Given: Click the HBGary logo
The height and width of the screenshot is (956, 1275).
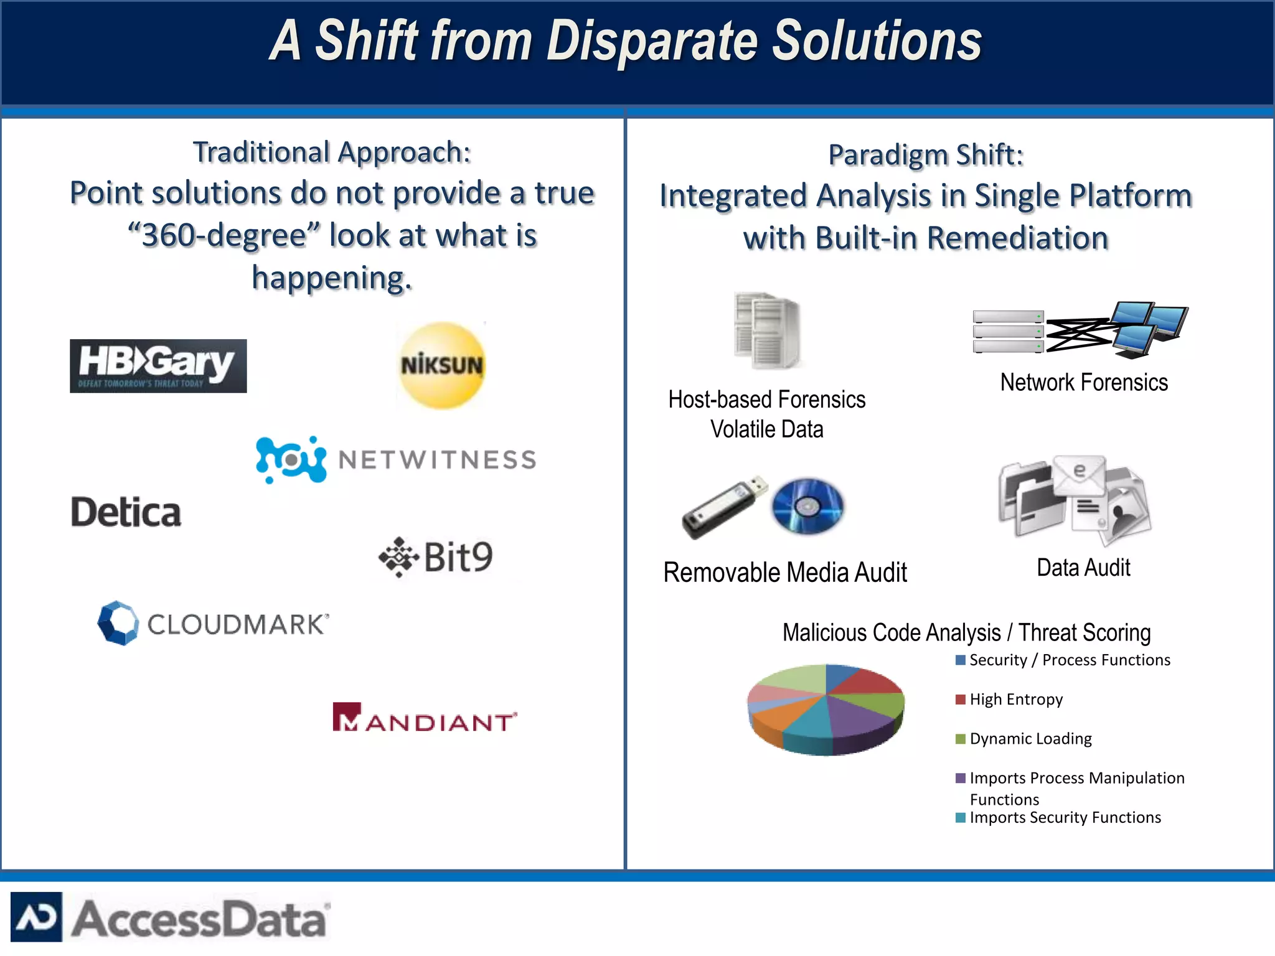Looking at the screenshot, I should (x=158, y=366).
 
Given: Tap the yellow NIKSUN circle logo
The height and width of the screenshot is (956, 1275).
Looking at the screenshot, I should (x=441, y=365).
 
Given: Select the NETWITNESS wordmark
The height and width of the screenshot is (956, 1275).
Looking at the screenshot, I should (x=437, y=460).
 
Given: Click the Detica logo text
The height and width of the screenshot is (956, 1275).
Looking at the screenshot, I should (x=126, y=513).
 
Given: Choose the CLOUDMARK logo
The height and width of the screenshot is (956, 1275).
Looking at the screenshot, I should (x=214, y=623).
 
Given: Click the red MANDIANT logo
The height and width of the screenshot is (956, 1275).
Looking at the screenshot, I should (x=425, y=718).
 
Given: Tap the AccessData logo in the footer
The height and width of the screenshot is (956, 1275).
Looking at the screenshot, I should (x=169, y=917).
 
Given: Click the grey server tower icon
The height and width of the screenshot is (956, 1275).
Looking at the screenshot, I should (x=767, y=330).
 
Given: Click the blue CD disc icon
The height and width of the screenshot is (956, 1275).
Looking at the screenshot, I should (x=807, y=506).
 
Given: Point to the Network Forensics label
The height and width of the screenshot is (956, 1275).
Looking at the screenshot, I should (x=1084, y=382).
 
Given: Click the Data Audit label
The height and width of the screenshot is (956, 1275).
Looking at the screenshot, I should (x=1083, y=568).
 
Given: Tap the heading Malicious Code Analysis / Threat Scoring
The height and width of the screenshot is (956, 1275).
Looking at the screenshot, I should (x=966, y=632).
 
